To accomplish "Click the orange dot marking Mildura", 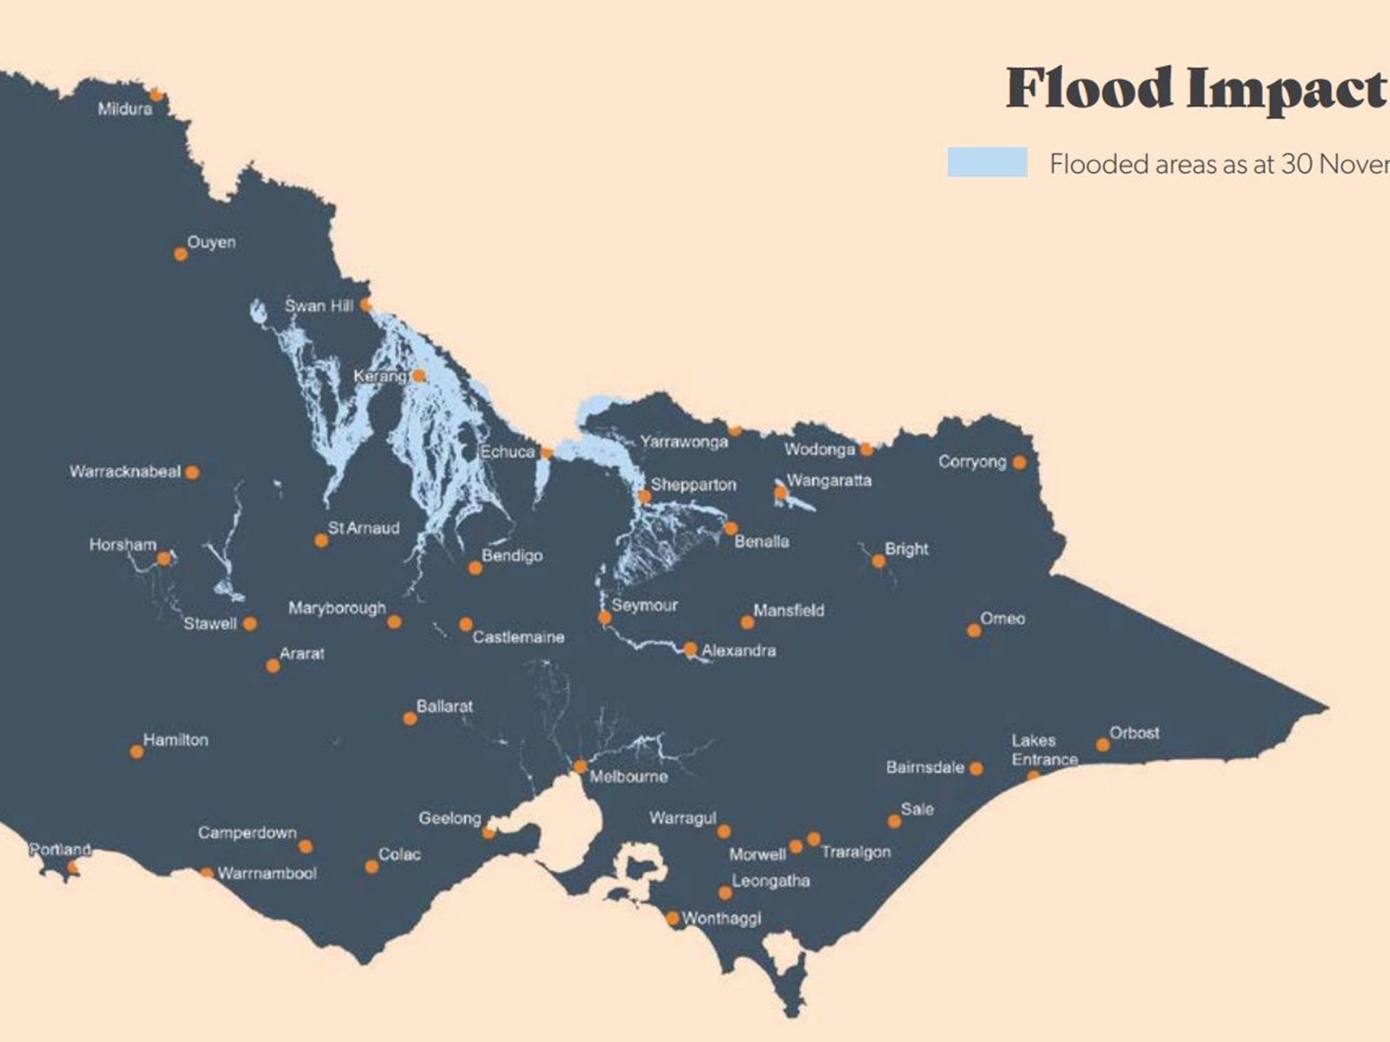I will click(x=156, y=95).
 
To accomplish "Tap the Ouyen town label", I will click(x=211, y=242).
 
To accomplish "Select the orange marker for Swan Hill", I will click(x=366, y=305).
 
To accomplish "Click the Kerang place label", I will click(x=379, y=377).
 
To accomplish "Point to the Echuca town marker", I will click(x=546, y=452).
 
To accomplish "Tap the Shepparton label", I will click(x=693, y=485).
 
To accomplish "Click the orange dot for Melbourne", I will click(x=580, y=767).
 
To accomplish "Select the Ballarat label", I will click(x=444, y=706).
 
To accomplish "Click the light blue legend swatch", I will click(x=987, y=162).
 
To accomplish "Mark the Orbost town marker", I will click(x=1102, y=744).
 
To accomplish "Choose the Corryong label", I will click(x=971, y=461).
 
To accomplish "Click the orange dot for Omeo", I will click(x=974, y=630).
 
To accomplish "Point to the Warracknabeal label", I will click(x=125, y=472).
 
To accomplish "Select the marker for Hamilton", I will click(x=136, y=751).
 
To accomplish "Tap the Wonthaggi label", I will click(x=721, y=918).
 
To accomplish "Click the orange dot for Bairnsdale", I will click(x=976, y=768).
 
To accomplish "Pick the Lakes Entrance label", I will click(x=1043, y=750).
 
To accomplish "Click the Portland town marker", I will click(x=73, y=867).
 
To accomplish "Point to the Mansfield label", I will click(x=788, y=610).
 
